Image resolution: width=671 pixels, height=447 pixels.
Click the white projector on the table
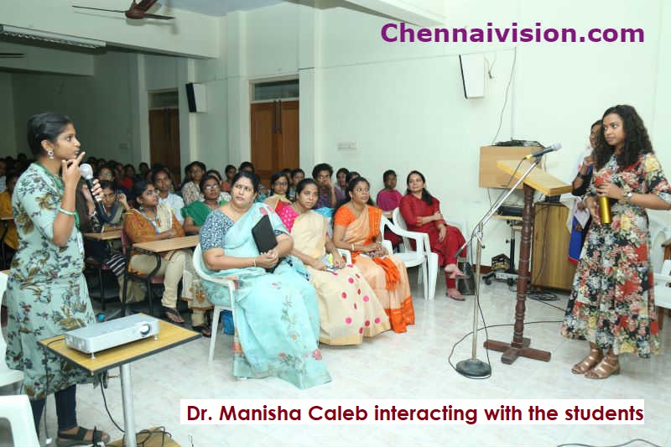(112, 333)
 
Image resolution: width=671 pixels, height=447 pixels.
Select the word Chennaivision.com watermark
(512, 33)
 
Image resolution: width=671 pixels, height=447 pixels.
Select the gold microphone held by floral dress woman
(604, 209)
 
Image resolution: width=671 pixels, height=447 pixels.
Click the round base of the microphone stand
(473, 368)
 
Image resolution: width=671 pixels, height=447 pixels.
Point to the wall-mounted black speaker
(191, 97)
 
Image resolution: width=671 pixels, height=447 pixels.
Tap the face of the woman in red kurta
(416, 184)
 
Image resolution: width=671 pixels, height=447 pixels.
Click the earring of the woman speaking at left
(51, 153)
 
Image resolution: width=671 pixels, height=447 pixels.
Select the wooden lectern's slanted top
(533, 177)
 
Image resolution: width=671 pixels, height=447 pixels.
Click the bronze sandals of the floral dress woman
(596, 365)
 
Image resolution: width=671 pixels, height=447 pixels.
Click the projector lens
(144, 330)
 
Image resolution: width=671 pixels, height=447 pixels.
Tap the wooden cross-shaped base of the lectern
(518, 351)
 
